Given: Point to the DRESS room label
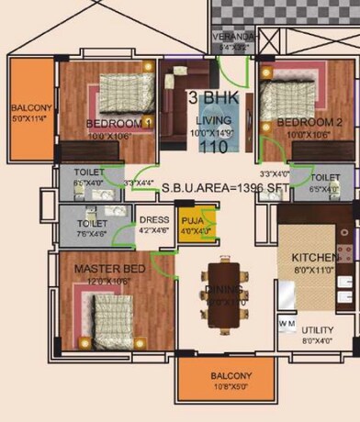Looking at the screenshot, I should (152, 220).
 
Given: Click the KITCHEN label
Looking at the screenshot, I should (314, 257).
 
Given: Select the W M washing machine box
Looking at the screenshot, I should (287, 325).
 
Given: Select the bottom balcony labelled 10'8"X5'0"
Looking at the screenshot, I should (226, 382).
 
